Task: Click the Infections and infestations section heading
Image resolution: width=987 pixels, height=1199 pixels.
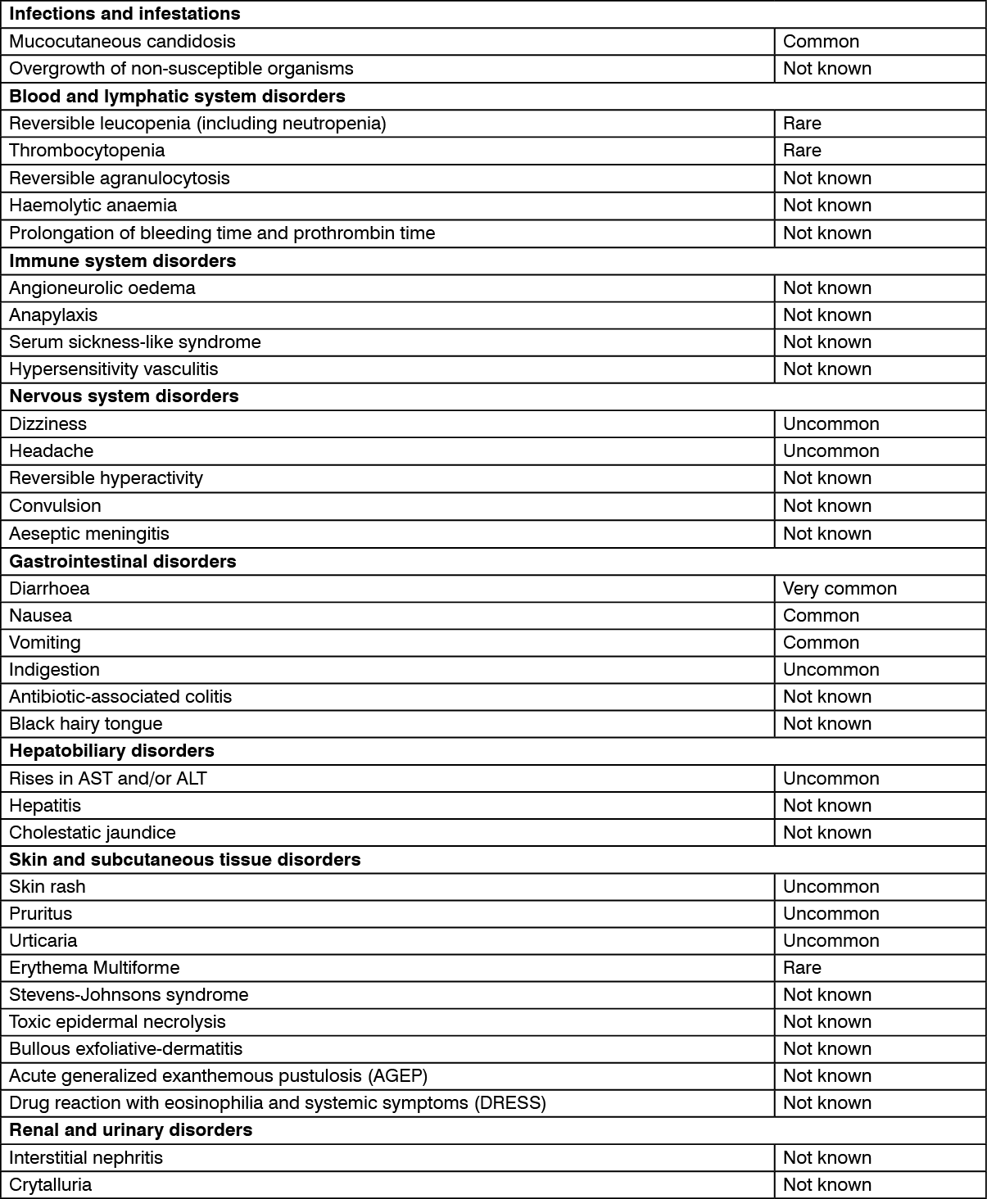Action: [125, 14]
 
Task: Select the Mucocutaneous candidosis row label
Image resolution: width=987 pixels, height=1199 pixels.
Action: [122, 42]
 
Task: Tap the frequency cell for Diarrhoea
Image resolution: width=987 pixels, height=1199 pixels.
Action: [840, 589]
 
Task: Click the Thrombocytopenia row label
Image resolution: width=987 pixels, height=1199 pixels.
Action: [87, 151]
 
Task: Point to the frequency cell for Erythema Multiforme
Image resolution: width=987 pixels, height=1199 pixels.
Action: [802, 968]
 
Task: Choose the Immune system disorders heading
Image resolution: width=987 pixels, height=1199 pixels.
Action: [122, 261]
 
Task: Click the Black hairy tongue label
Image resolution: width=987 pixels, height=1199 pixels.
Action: [85, 724]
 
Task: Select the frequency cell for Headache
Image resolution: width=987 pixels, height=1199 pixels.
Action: [831, 451]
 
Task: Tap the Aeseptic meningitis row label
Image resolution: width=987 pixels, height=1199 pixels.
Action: [88, 534]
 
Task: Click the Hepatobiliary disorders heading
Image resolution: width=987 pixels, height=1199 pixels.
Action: [111, 751]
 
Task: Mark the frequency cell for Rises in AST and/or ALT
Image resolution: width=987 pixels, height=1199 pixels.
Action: [831, 779]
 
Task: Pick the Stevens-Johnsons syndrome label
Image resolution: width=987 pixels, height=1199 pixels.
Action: [129, 995]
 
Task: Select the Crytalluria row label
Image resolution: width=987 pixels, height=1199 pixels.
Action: [50, 1185]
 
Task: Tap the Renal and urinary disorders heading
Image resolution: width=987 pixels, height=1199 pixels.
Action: [130, 1130]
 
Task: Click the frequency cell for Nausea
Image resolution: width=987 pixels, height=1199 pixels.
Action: [821, 616]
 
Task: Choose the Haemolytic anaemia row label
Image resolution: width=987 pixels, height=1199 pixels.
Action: [93, 206]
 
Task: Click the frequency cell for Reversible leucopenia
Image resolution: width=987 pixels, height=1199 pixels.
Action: [802, 124]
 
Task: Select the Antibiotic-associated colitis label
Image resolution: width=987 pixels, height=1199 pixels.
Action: [120, 697]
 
